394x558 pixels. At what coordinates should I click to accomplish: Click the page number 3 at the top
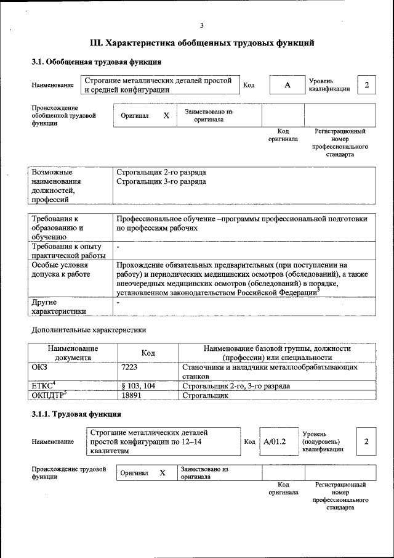(201, 25)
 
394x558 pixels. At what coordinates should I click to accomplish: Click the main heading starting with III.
(202, 43)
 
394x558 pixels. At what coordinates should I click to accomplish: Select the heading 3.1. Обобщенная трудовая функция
(97, 62)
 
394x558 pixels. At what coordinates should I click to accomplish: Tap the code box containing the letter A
(287, 85)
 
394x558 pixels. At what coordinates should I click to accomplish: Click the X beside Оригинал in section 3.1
(166, 115)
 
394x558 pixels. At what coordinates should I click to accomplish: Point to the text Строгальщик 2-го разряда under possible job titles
(161, 172)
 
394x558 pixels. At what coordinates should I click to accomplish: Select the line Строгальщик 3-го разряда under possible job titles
(161, 182)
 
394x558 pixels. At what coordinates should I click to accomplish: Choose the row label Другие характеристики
(60, 307)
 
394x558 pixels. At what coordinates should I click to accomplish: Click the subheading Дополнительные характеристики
(89, 330)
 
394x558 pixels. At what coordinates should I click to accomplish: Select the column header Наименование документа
(73, 353)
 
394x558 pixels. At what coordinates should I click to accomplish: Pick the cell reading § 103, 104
(140, 386)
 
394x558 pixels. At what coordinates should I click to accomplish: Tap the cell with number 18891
(135, 396)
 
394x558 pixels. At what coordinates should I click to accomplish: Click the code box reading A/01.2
(275, 441)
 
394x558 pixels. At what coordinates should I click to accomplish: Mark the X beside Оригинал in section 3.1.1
(163, 473)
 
